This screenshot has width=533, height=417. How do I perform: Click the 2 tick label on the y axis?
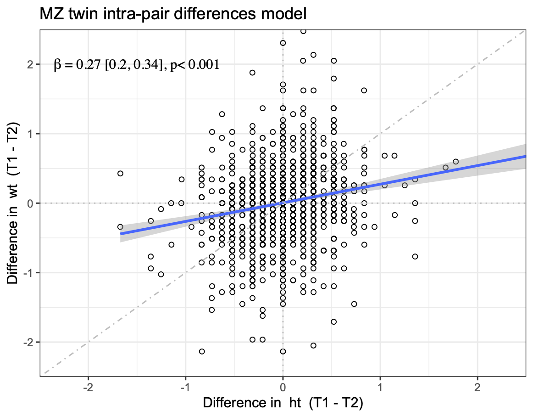click(x=31, y=64)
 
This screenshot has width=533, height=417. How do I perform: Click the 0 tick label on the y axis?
click(x=31, y=203)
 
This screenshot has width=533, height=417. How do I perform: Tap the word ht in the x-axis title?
click(x=296, y=403)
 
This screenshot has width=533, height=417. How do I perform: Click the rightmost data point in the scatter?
click(x=455, y=162)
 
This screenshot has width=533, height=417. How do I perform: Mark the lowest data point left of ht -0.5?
click(x=201, y=351)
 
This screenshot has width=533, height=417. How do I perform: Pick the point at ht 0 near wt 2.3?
click(x=283, y=43)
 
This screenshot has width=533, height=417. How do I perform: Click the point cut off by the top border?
click(x=303, y=31)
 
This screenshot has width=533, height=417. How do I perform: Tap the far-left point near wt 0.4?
click(x=120, y=173)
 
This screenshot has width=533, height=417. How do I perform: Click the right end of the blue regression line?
click(x=524, y=156)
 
